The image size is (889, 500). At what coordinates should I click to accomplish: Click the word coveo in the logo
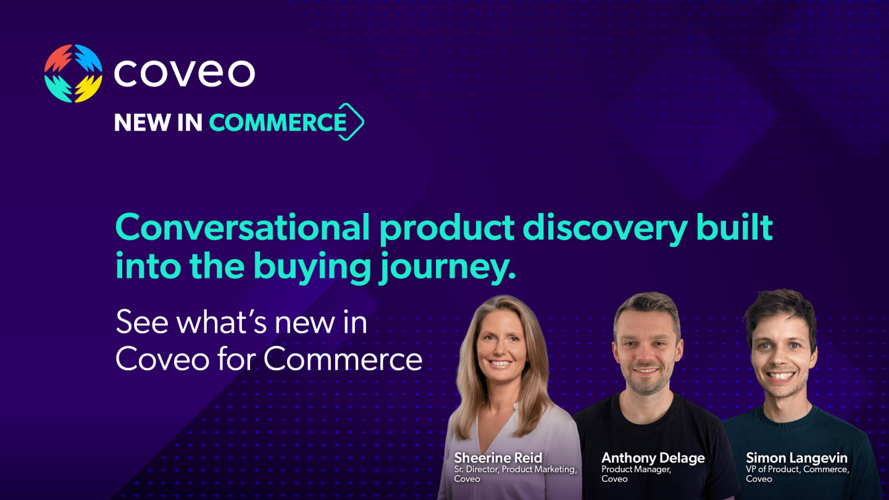185,73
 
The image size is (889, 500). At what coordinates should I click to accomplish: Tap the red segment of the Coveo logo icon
57,58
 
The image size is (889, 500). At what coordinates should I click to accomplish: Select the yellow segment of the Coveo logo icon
88,88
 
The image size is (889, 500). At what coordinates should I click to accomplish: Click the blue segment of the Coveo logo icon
88,58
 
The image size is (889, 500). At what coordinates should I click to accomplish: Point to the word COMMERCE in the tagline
278,122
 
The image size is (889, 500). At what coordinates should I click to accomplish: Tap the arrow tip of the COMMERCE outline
363,122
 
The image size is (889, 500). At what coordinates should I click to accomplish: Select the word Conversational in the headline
243,228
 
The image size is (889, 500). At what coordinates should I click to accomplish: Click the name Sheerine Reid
498,458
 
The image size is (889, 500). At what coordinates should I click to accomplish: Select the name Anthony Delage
653,458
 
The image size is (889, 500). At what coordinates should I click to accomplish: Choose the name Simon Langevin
796,458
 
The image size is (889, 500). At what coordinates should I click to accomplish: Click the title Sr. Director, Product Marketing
515,469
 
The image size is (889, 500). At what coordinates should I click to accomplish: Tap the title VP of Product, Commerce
798,469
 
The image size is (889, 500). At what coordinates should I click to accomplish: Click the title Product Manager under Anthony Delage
636,470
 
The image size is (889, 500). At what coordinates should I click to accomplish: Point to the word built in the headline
735,227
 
